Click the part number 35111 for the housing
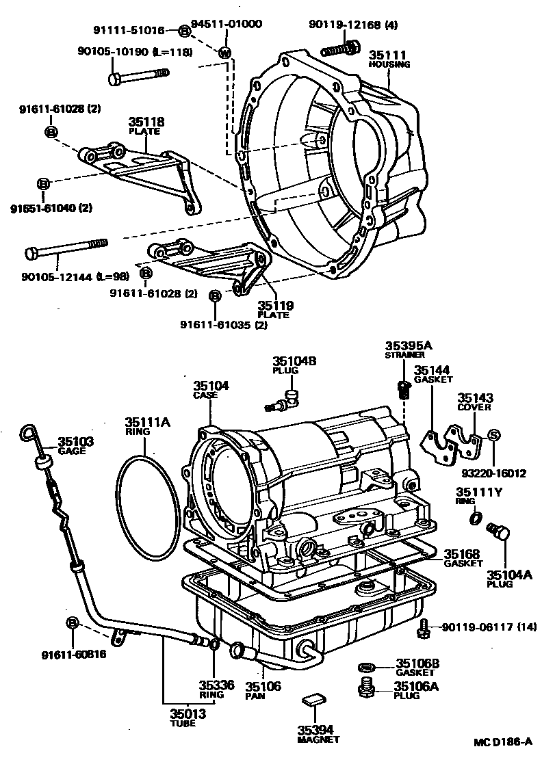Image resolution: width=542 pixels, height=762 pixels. pos(388,55)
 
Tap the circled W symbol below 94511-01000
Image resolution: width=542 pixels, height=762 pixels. pos(226,53)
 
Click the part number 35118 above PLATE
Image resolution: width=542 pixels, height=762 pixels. pos(146,122)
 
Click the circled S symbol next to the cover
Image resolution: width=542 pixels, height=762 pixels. pos(494,434)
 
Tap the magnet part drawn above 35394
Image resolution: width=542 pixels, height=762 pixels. pos(315,700)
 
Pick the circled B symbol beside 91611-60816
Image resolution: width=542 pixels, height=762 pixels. pos(73,622)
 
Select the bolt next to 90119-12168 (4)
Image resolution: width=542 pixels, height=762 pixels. pos(340,49)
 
